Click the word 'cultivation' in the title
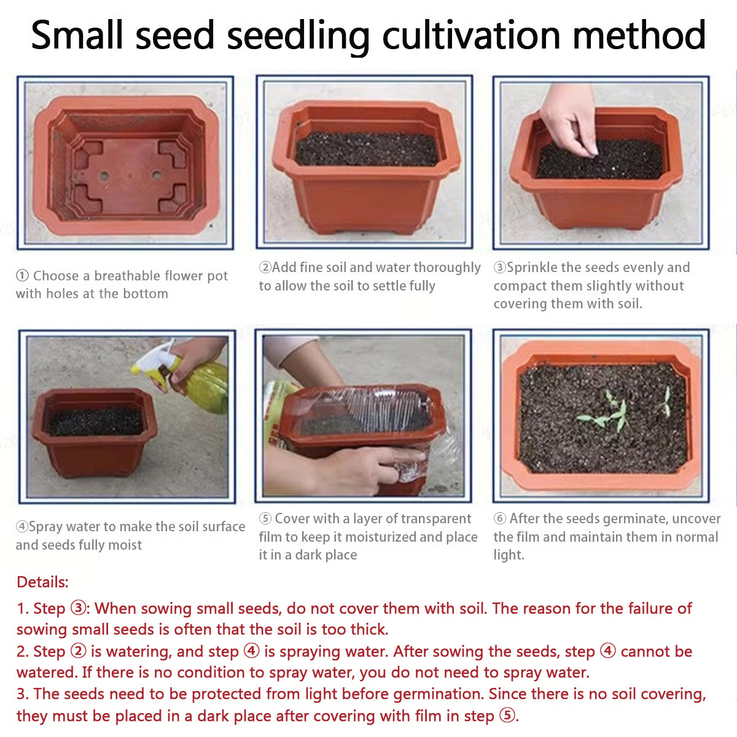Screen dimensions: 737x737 [x=471, y=36]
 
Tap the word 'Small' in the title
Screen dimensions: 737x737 [x=77, y=36]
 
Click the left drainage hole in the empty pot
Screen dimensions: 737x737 [x=104, y=176]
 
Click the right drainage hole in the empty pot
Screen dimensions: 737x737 [x=157, y=176]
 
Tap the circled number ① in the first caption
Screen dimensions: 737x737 [x=22, y=275]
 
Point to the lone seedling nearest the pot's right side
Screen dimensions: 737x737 [x=666, y=401]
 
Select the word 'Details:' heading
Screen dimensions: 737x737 [x=42, y=582]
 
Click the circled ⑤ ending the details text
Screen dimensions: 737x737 [x=507, y=716]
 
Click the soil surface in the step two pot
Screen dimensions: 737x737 [x=367, y=149]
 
